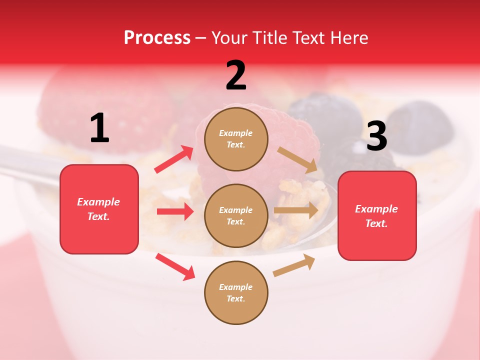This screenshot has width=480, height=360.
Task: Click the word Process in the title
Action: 157,38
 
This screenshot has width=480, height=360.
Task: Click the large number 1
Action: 99,128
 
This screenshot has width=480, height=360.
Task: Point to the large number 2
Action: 236,75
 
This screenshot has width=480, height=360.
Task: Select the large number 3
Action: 376,136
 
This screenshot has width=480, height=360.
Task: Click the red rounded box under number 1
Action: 99,209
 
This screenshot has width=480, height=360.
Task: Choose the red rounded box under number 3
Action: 377,216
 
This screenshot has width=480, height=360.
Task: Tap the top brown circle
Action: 236,139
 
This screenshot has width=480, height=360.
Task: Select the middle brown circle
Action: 236,215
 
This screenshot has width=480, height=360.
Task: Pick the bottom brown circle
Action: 236,292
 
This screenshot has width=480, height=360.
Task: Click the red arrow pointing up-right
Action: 174,159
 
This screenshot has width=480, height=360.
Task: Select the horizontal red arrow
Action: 175,211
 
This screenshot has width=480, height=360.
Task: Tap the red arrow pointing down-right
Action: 175,266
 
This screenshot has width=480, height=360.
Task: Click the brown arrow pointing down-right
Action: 297,160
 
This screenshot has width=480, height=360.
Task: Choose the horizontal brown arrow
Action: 296,210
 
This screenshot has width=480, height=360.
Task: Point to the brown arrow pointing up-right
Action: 294,265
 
